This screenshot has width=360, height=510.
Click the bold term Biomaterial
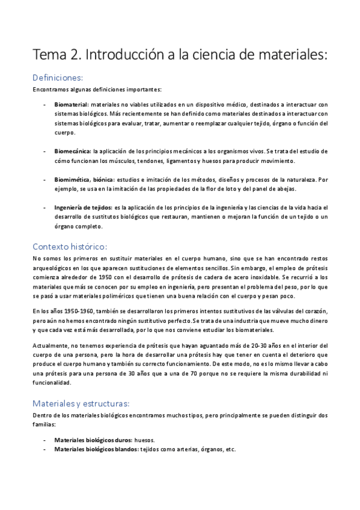click(71, 104)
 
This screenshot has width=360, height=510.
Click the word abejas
click(284, 189)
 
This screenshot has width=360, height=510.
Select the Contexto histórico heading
click(70, 246)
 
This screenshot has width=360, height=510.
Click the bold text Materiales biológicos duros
click(91, 440)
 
